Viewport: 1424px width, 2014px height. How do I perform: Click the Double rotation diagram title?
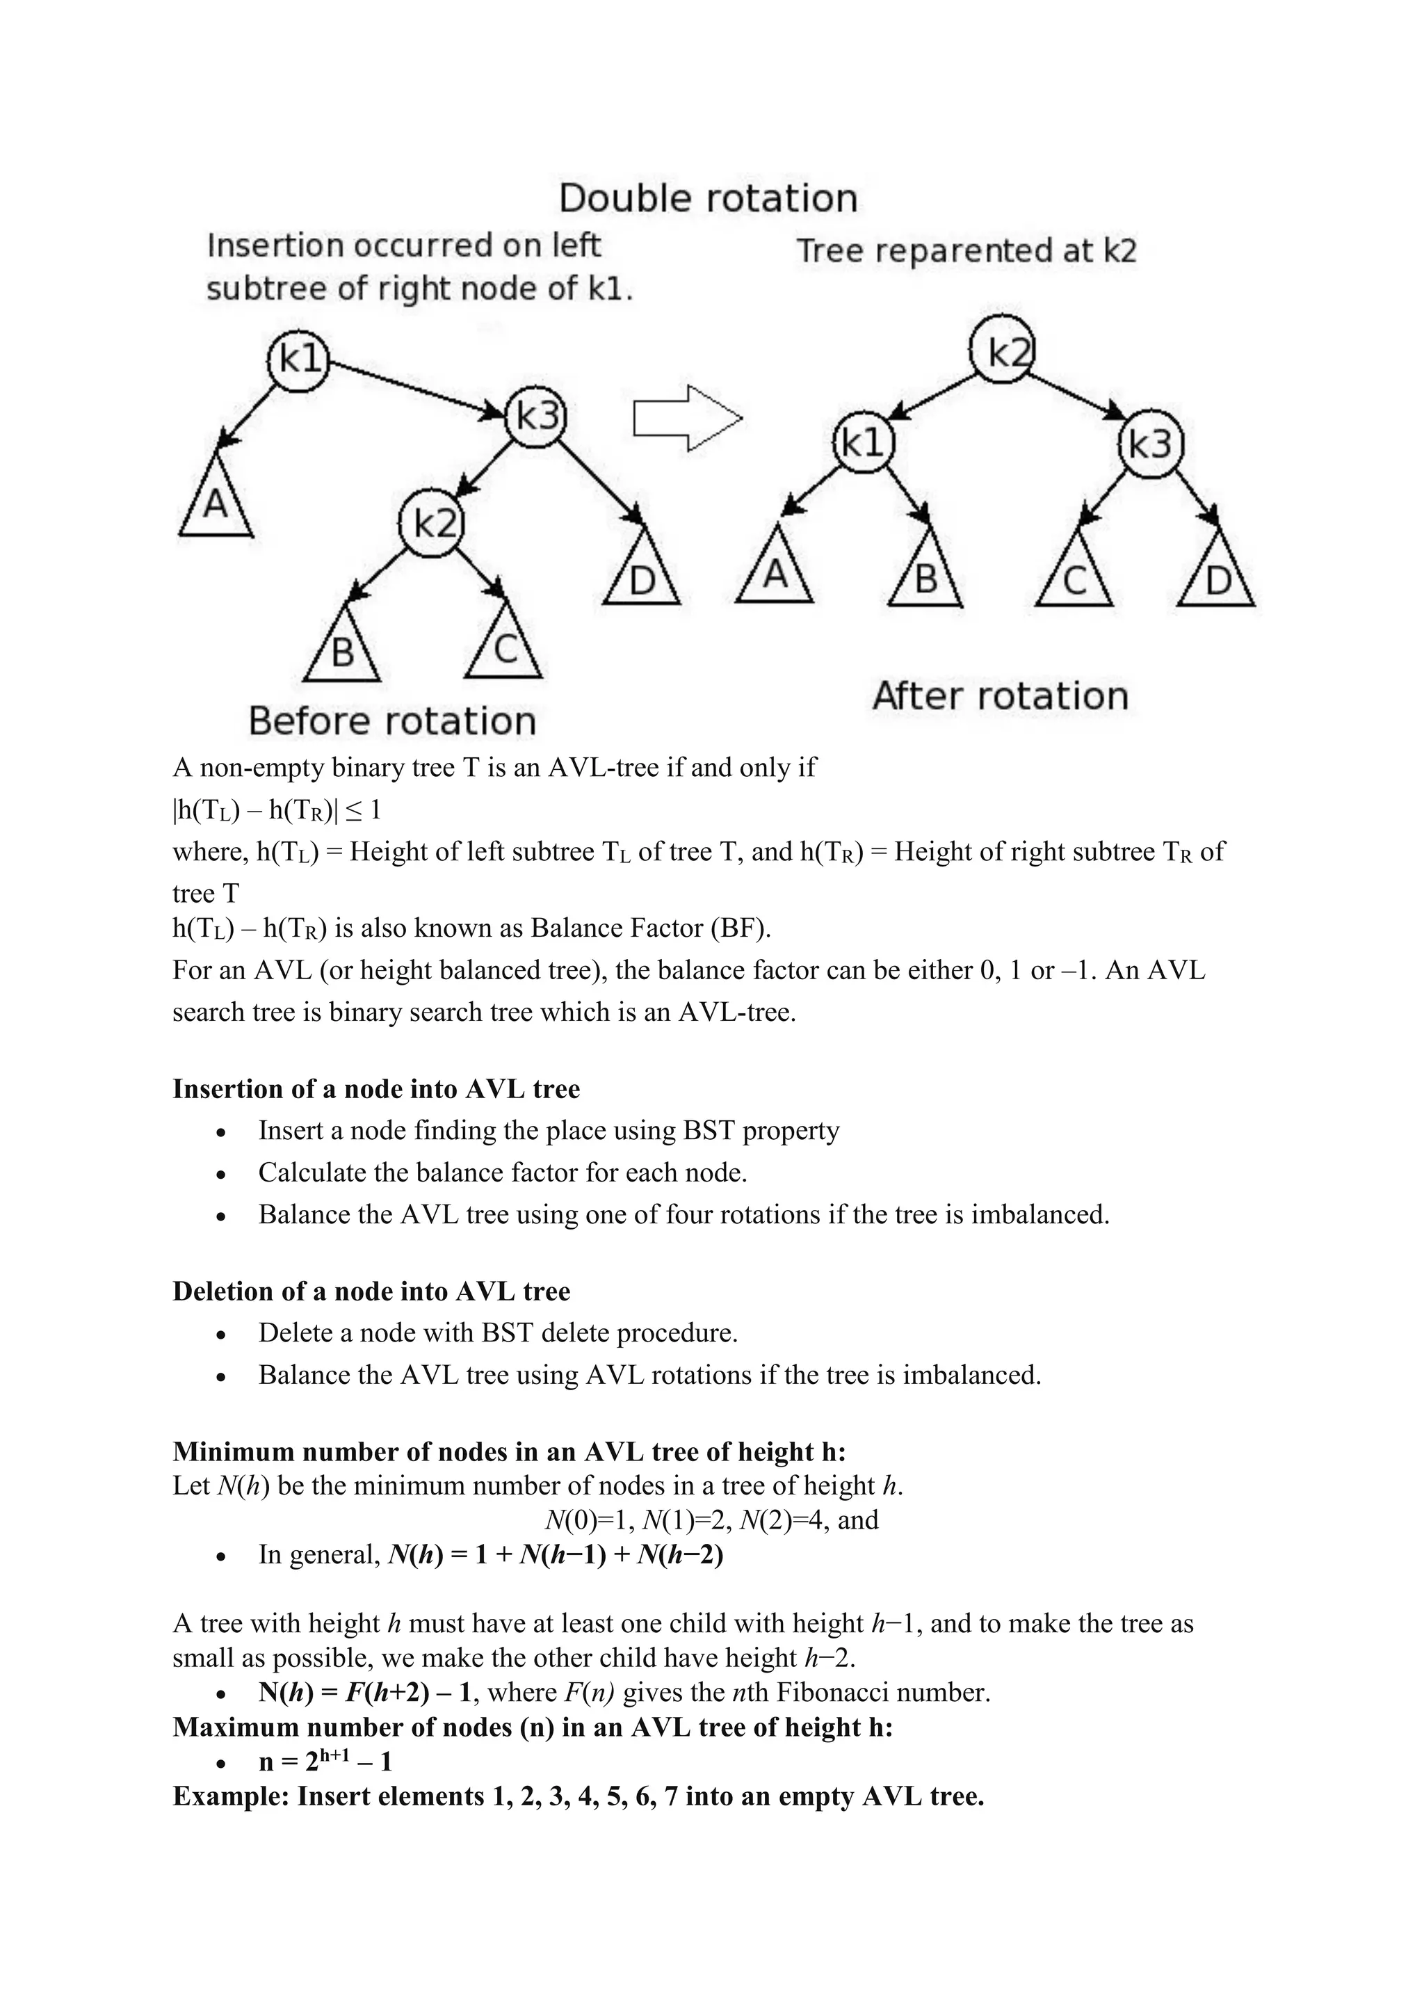tap(708, 198)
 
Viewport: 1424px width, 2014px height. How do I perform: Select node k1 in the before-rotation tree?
tap(298, 359)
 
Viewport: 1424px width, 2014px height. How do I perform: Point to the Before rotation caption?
tap(392, 721)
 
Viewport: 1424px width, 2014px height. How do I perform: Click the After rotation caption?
tap(1000, 695)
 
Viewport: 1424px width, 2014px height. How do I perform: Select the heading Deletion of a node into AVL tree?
tap(371, 1291)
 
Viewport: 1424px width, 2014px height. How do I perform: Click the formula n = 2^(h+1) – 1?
tap(325, 1762)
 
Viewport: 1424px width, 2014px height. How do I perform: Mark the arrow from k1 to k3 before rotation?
tap(413, 385)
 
